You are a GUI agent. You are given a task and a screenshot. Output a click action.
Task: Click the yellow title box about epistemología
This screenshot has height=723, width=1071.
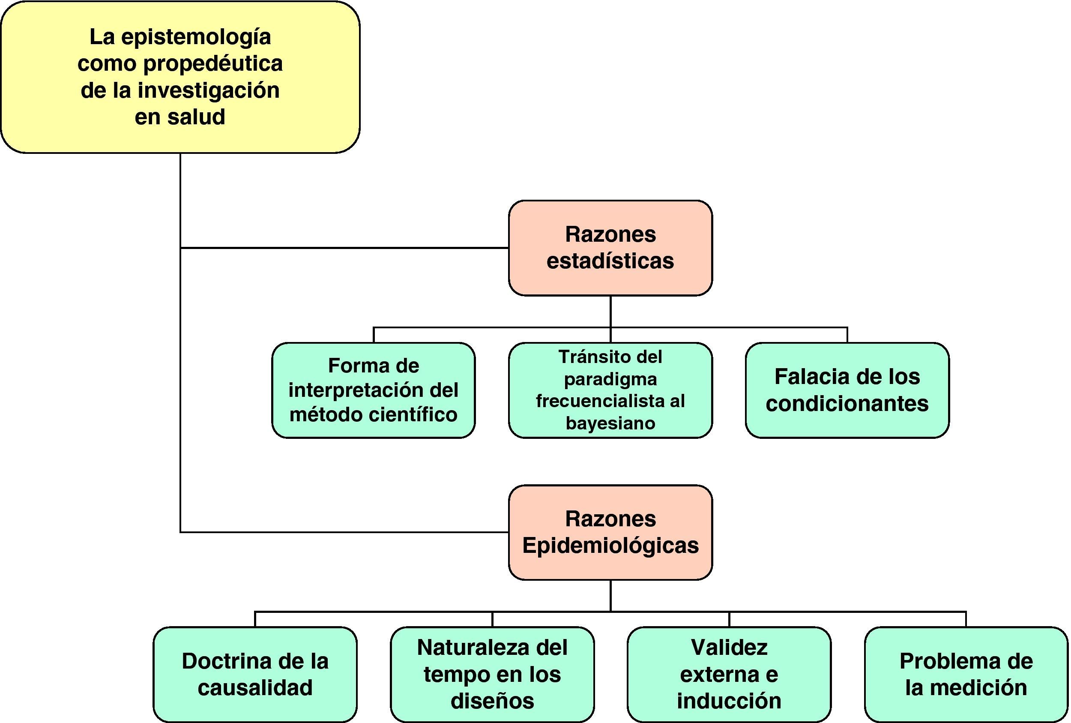[x=180, y=77]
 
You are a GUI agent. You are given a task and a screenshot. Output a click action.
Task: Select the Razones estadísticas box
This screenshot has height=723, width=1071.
[x=610, y=248]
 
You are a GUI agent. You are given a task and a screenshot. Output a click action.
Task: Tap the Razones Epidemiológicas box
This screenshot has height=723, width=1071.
[x=610, y=532]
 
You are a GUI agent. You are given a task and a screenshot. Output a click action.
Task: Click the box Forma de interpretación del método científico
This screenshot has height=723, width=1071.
[x=373, y=390]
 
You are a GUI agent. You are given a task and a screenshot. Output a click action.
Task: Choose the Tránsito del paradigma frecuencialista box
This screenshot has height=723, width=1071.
[x=610, y=390]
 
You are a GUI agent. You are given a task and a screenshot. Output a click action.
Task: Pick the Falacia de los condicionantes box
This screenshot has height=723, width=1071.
[x=847, y=390]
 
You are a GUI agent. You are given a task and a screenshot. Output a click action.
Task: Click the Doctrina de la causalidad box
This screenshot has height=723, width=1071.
[x=255, y=674]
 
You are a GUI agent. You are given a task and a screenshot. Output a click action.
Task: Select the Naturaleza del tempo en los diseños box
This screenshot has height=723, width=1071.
[x=492, y=674]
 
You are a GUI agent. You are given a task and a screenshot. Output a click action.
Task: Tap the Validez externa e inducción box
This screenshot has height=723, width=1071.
[x=729, y=674]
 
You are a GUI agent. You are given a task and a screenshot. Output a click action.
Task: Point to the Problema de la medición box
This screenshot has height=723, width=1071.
[x=966, y=674]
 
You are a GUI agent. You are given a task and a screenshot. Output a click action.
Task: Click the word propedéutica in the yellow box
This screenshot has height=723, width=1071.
[x=213, y=63]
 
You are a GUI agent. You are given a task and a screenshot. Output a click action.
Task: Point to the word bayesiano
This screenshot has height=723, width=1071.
[x=610, y=423]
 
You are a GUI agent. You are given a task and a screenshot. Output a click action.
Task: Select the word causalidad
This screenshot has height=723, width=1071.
[x=255, y=687]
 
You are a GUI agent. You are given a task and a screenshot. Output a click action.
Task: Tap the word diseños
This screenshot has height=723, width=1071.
[x=492, y=701]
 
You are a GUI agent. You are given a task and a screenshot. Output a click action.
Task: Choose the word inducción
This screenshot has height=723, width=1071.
[x=729, y=701]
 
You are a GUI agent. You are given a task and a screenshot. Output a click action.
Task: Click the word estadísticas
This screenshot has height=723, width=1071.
[x=610, y=261]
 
